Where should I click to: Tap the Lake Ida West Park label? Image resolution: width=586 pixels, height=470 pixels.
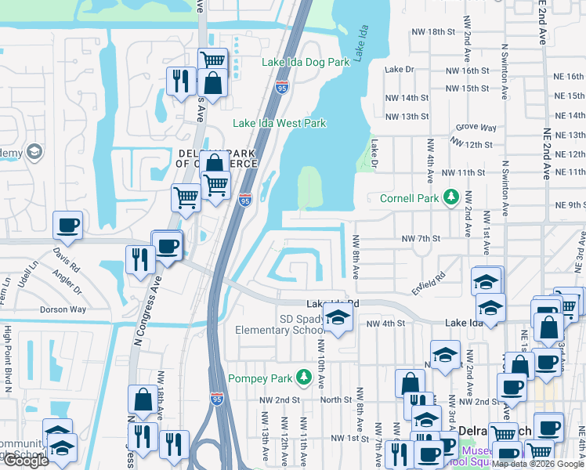point(279,123)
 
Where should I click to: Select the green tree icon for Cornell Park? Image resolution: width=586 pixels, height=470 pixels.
point(451,197)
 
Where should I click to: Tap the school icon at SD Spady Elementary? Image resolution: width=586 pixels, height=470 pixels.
point(338,317)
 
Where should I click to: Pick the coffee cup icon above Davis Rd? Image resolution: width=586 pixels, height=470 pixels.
point(67,226)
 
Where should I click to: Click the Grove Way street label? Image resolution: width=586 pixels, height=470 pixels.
point(476,127)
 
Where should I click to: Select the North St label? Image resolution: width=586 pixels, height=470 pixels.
point(336,399)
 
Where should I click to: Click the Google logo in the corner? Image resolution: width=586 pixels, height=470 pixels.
point(26,461)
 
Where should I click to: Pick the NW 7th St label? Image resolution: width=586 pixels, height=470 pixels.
point(421,238)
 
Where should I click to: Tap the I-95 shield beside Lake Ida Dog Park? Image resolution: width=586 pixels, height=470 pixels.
point(281,89)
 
